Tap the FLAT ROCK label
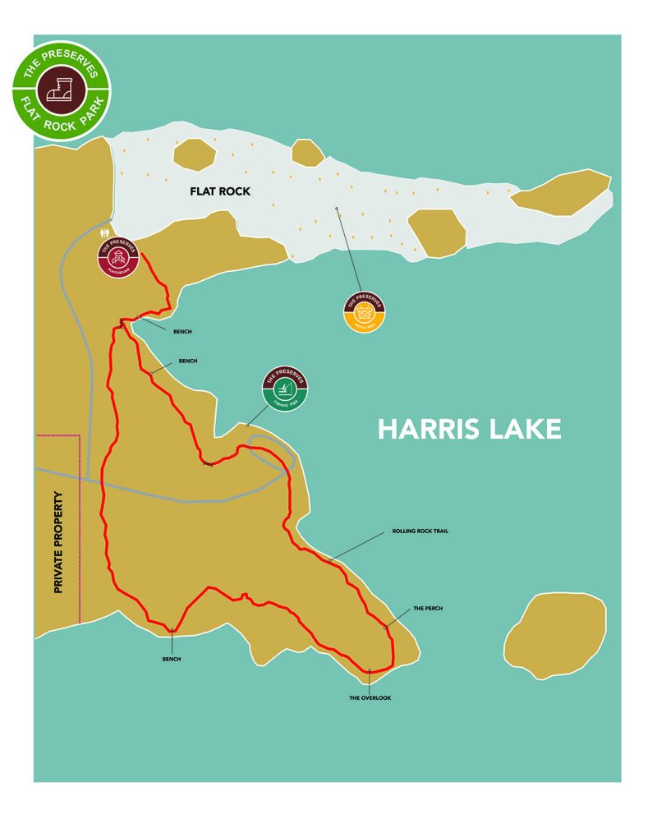(x=219, y=191)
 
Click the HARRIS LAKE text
(x=469, y=429)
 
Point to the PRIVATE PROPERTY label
(x=58, y=542)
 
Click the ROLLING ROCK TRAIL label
(x=420, y=531)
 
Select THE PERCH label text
(x=427, y=609)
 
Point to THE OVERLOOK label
(x=370, y=697)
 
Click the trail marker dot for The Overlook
(x=370, y=670)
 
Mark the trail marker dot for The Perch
(x=385, y=628)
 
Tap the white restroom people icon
(x=104, y=233)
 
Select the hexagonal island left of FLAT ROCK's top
(x=195, y=154)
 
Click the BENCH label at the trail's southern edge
(x=171, y=659)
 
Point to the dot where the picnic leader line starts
(x=337, y=209)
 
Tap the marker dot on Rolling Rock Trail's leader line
(x=331, y=560)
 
